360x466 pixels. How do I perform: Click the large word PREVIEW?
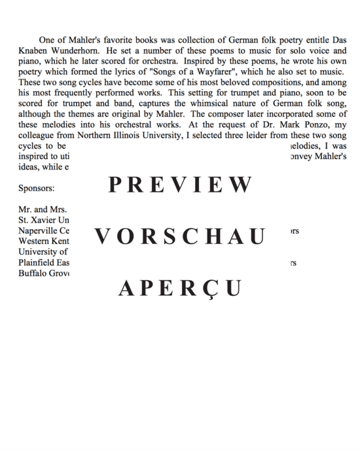tap(180, 186)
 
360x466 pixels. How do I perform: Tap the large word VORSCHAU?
tap(180, 237)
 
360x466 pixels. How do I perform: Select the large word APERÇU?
tap(180, 288)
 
